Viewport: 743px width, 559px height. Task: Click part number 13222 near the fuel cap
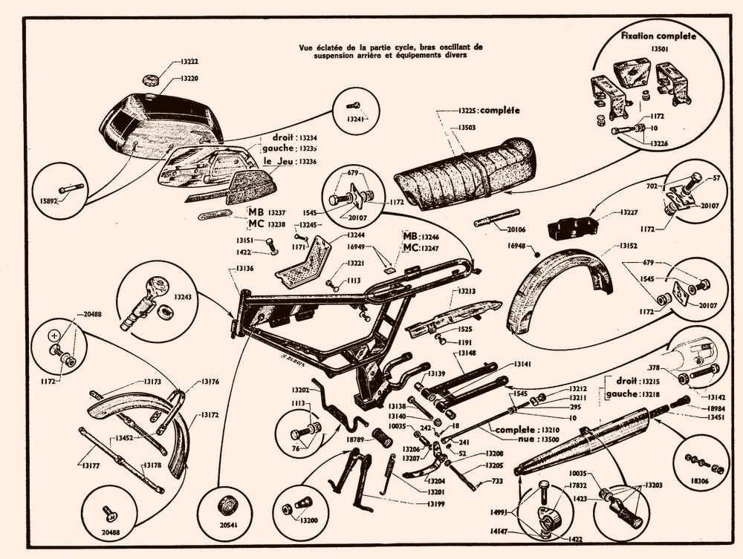pos(189,62)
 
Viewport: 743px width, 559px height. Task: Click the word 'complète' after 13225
pos(498,111)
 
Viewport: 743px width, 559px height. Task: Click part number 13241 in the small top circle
pos(357,119)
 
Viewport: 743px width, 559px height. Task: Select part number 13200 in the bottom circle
pos(307,520)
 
